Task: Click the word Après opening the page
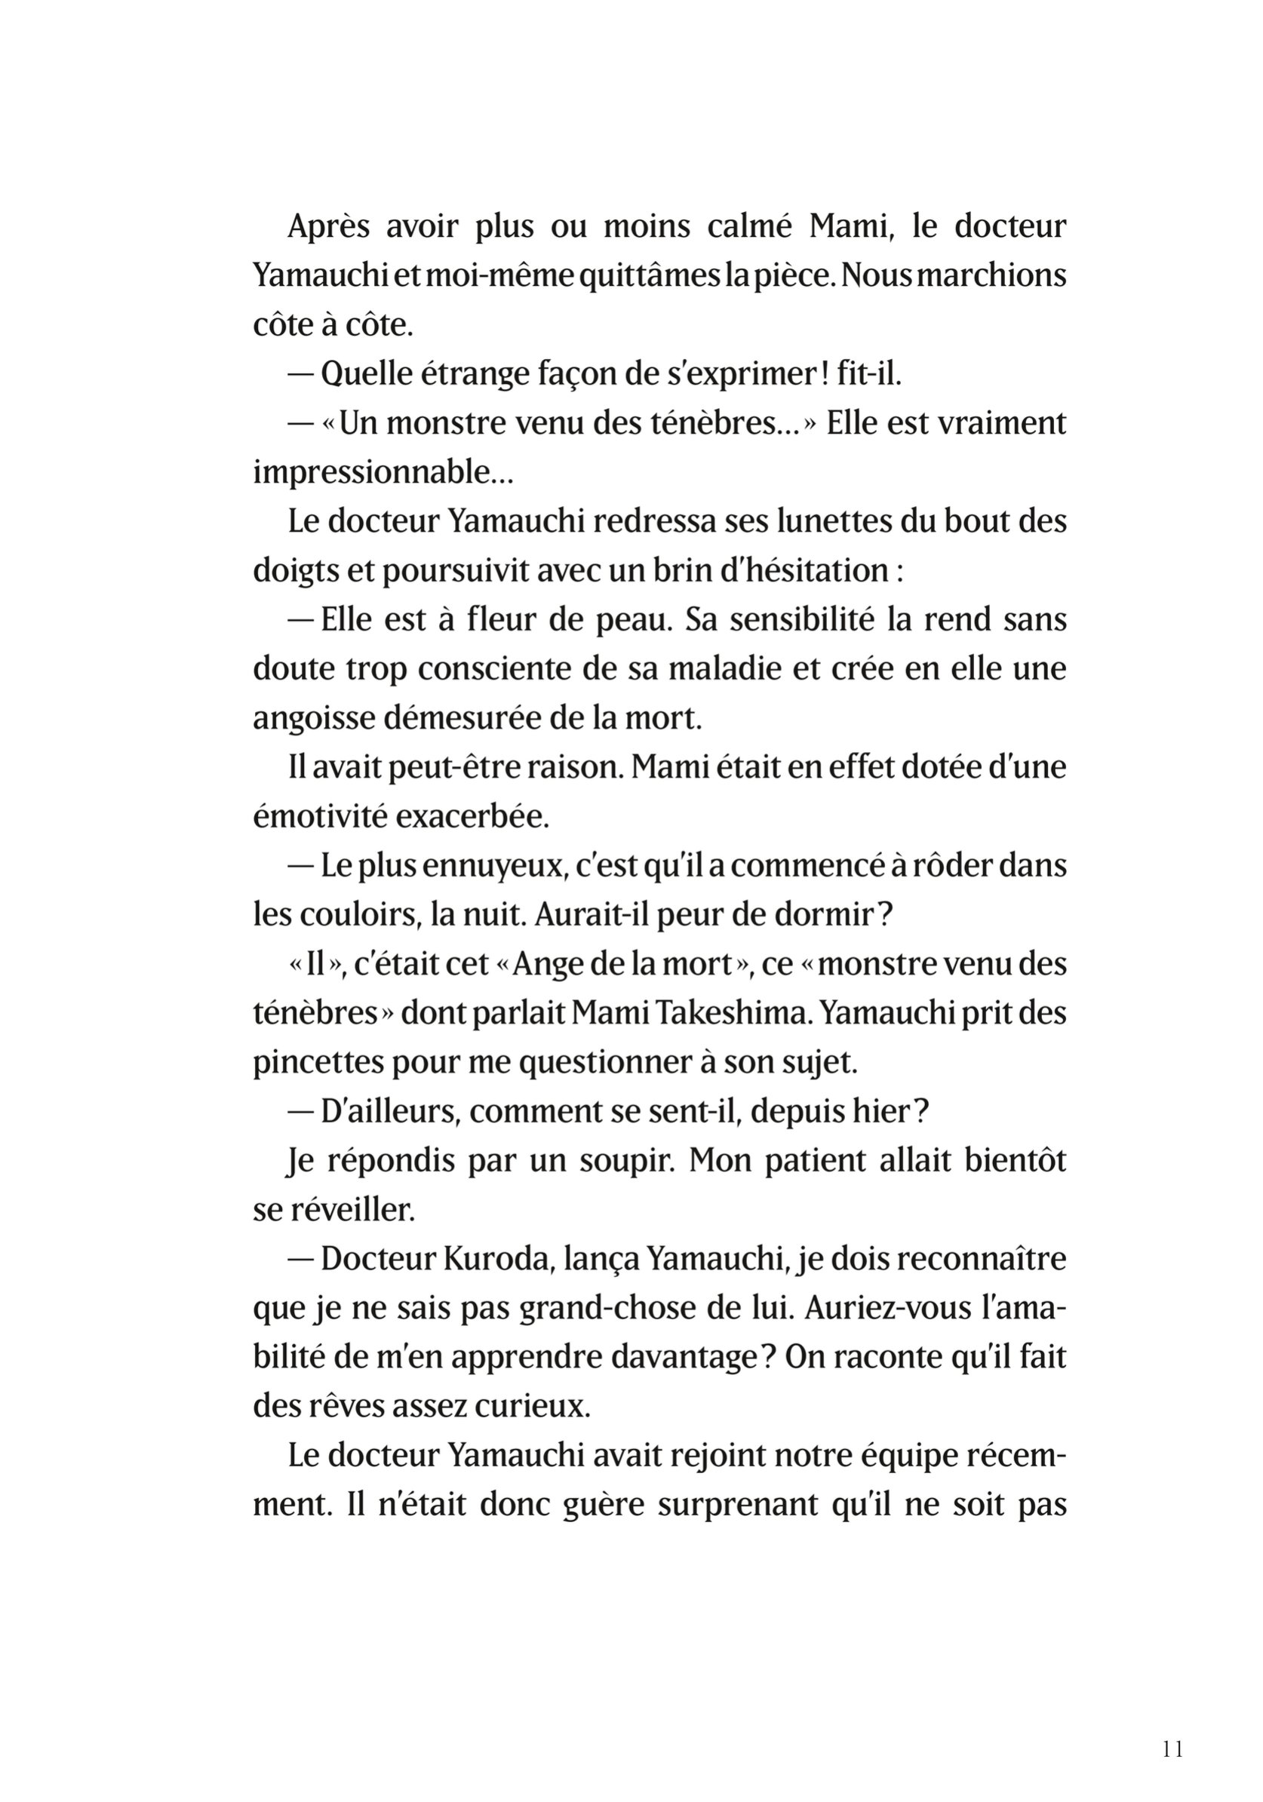tap(328, 227)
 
